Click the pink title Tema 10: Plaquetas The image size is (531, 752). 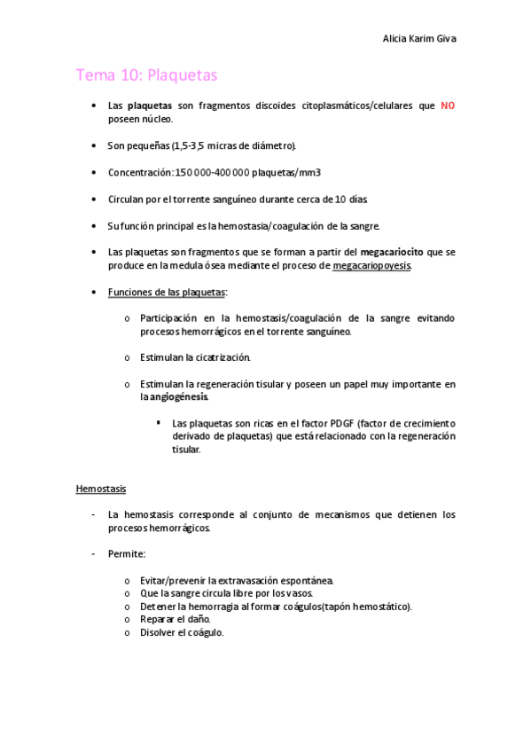(146, 75)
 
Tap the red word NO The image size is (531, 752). (448, 106)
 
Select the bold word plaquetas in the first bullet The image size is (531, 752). (150, 106)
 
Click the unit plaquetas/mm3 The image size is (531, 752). (286, 172)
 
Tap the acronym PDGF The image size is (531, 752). (342, 423)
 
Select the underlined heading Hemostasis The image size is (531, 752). (101, 489)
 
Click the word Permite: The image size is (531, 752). (127, 554)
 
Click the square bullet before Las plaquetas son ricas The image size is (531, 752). (158, 422)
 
